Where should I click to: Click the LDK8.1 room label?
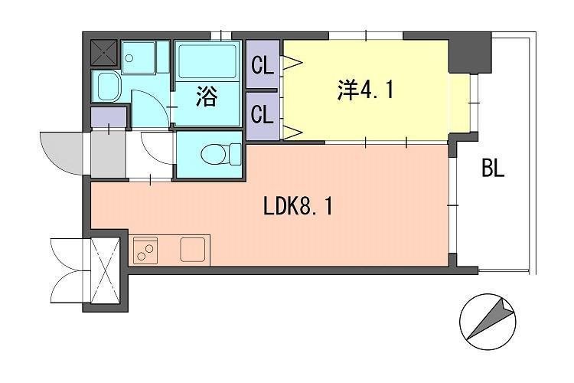coord(298,206)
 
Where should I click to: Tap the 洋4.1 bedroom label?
coord(365,90)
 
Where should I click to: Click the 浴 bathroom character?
coord(207,97)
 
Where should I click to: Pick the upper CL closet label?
coord(263,67)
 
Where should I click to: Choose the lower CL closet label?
coord(263,116)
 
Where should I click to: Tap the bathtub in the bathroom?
coord(208,59)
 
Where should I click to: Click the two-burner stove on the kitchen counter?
coord(146,250)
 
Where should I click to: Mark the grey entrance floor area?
coord(106,154)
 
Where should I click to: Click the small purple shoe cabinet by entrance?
coord(108,118)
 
